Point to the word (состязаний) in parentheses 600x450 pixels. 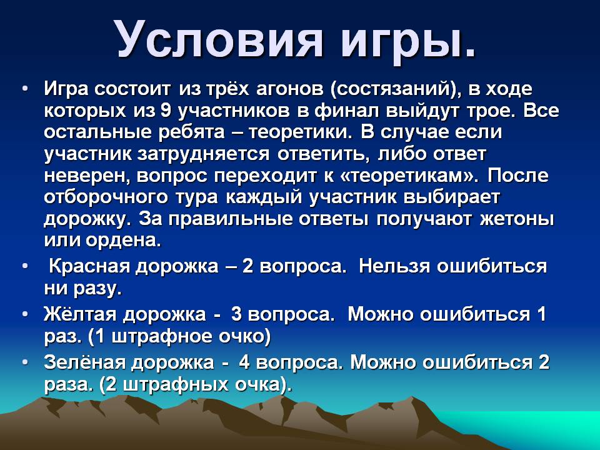pos(394,90)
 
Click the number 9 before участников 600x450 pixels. pos(166,111)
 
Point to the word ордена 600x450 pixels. pos(123,241)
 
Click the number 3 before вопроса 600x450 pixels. pos(236,314)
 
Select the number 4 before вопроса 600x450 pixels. pos(244,362)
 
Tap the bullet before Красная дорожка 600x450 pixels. pos(25,266)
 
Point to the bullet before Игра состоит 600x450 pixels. pos(25,89)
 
